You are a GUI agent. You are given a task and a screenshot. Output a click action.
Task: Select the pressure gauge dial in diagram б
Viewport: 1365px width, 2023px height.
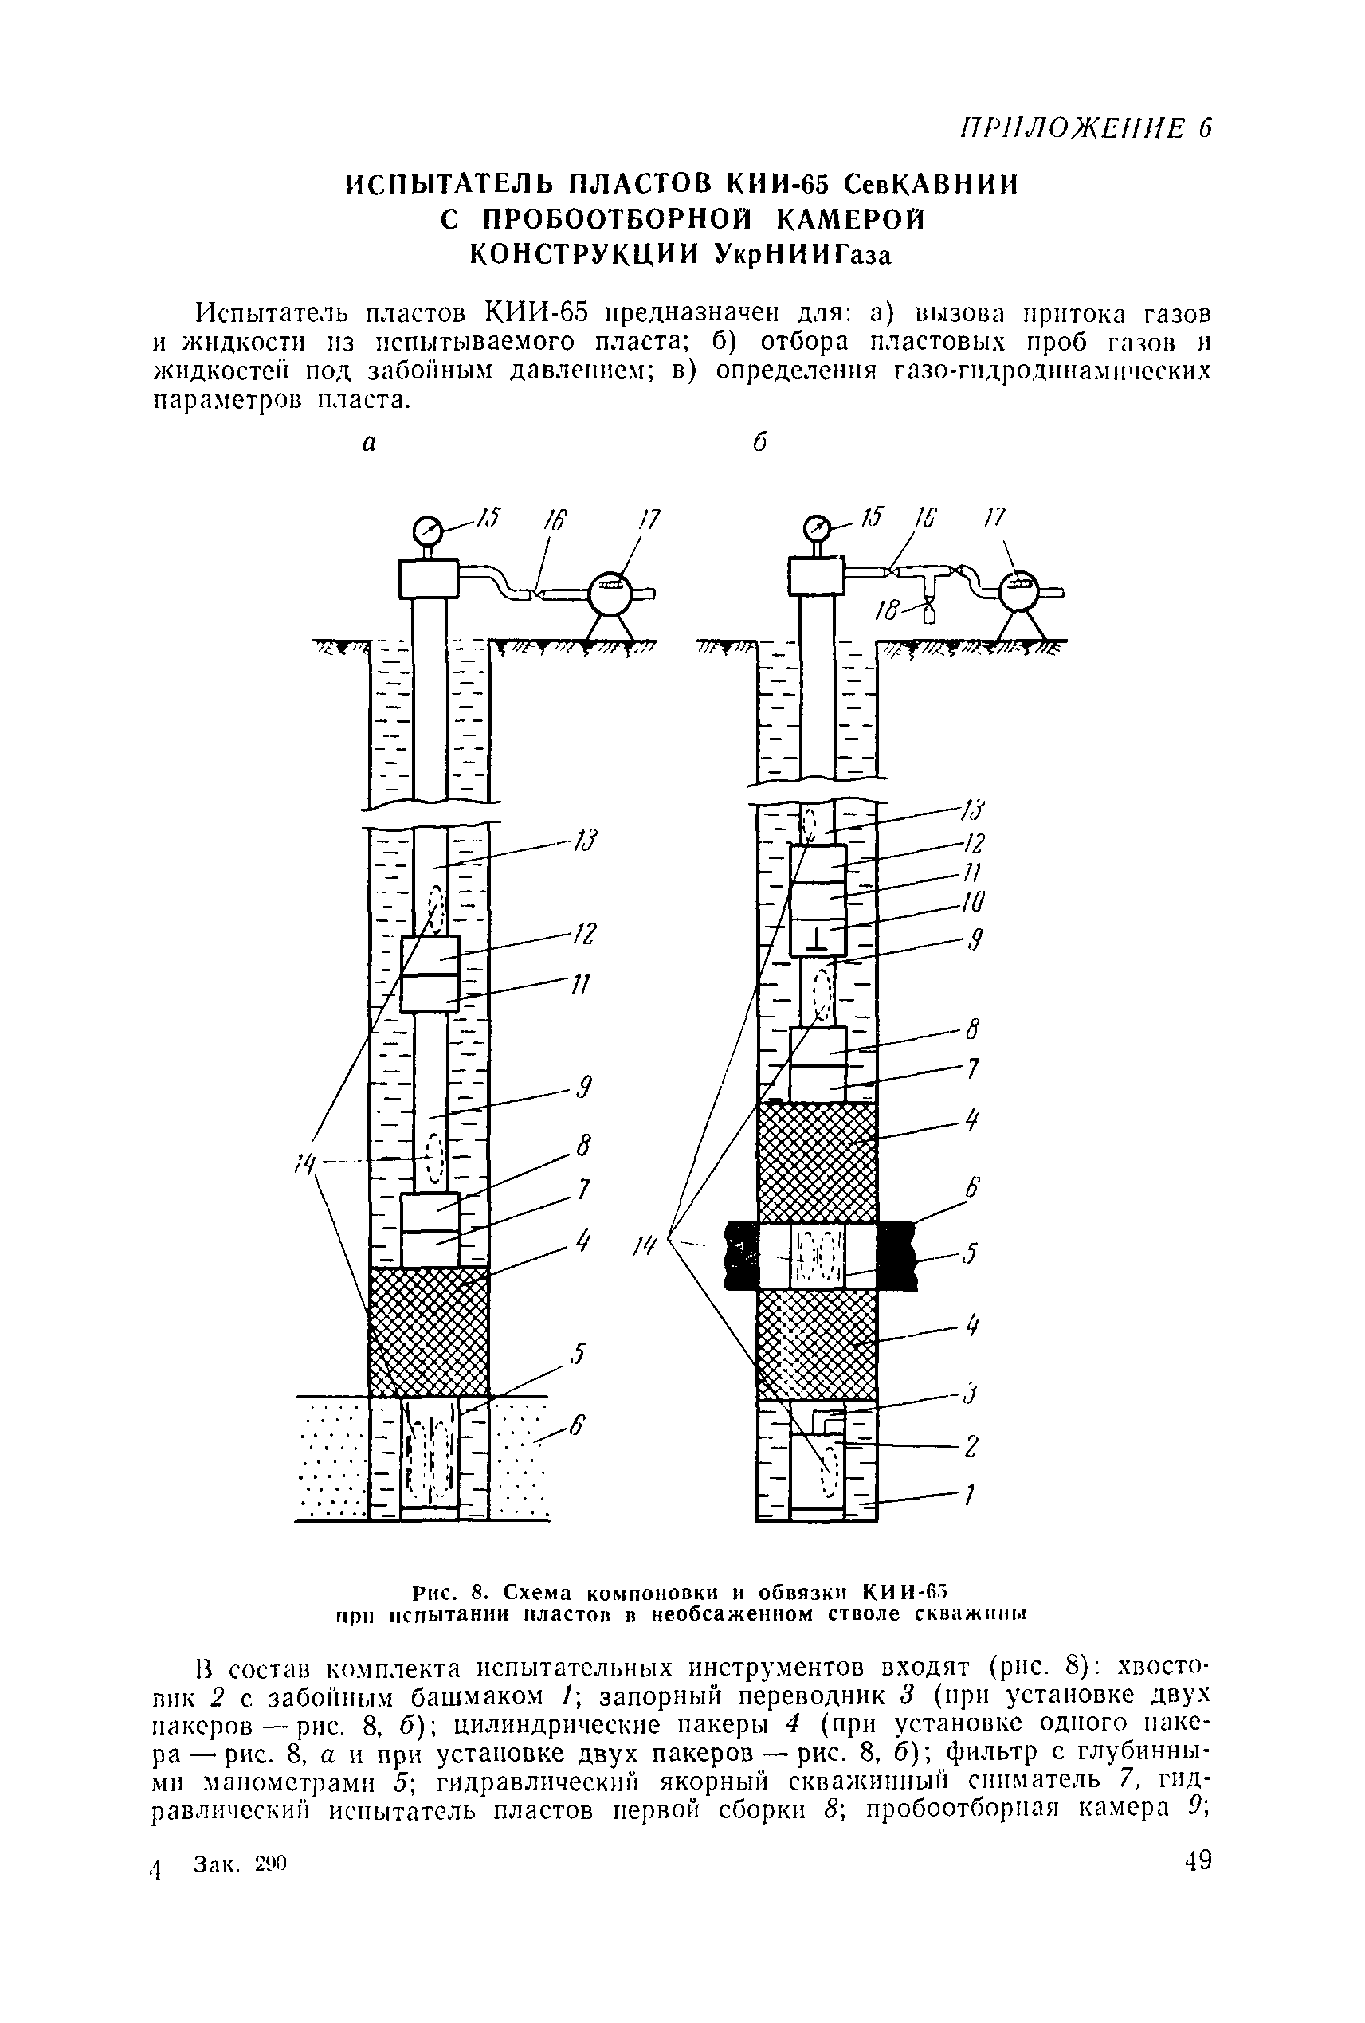pos(818,528)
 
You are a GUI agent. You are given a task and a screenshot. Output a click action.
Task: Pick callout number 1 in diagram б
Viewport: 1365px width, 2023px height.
pos(967,1495)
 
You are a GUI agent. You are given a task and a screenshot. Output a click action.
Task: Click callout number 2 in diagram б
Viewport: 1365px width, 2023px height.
pos(971,1446)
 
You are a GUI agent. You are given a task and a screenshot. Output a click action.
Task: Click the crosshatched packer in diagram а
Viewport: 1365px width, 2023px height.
pos(430,1332)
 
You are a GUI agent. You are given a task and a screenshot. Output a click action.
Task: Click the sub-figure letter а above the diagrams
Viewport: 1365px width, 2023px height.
pos(370,444)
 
